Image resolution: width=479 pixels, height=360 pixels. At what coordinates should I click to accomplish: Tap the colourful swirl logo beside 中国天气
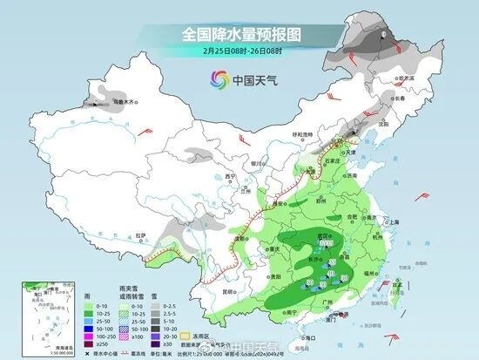click(214, 80)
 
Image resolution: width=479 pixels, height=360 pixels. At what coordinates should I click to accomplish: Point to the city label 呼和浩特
click(300, 133)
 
